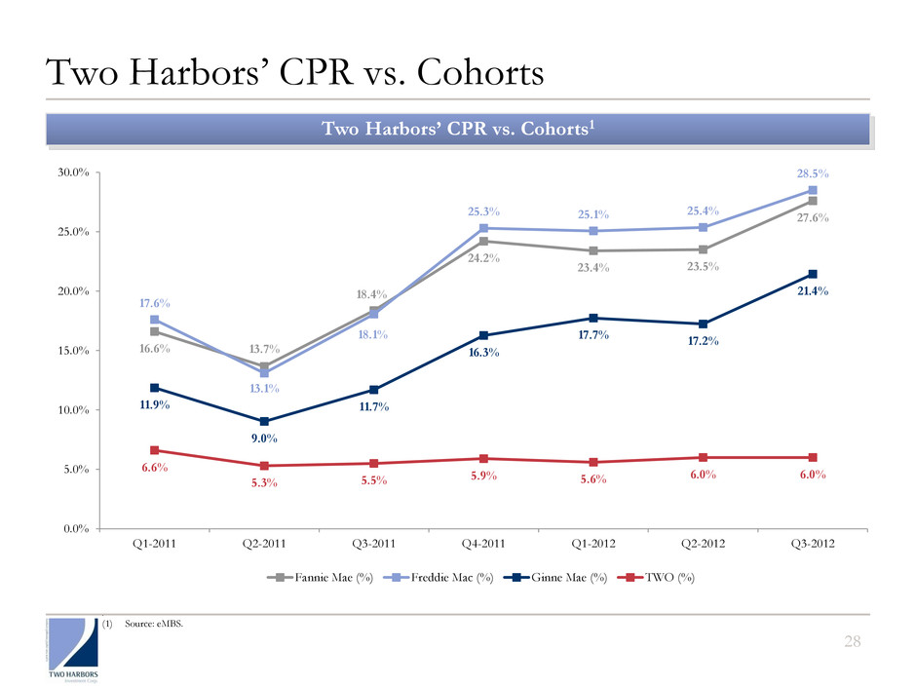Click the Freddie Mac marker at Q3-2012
coord(812,190)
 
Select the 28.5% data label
coord(812,173)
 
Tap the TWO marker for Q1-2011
coord(154,450)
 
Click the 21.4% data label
coord(812,291)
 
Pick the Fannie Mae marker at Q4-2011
coord(483,241)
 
